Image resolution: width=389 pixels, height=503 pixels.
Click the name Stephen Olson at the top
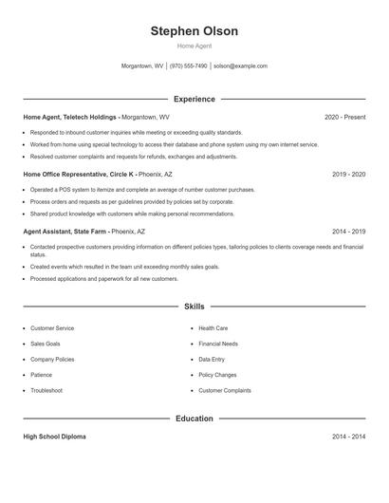coord(194,31)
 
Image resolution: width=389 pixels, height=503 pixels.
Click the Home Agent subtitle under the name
coord(194,47)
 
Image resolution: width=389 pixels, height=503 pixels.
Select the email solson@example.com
coord(240,66)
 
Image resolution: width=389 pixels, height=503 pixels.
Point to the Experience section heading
coord(194,99)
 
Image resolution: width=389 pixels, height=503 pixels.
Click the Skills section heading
coord(194,307)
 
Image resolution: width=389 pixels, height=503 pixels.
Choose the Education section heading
coord(194,419)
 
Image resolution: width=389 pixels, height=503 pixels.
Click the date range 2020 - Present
coord(344,117)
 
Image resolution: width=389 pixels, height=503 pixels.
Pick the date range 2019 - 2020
coord(348,175)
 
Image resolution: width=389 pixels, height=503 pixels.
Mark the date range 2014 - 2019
coord(348,232)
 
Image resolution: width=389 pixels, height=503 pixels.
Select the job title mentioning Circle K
coord(79,175)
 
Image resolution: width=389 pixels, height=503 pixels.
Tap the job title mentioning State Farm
coord(65,232)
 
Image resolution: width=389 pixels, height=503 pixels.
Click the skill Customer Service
coord(52,328)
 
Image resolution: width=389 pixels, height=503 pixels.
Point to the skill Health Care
coord(213,328)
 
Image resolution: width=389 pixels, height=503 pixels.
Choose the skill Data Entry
coord(212,360)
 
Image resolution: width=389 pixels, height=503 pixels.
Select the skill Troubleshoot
coord(46,390)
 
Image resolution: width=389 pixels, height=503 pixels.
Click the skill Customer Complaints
coord(225,390)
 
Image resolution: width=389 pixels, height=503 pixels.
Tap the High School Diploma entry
coord(54,437)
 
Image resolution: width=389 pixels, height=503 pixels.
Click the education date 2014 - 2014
coord(348,437)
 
